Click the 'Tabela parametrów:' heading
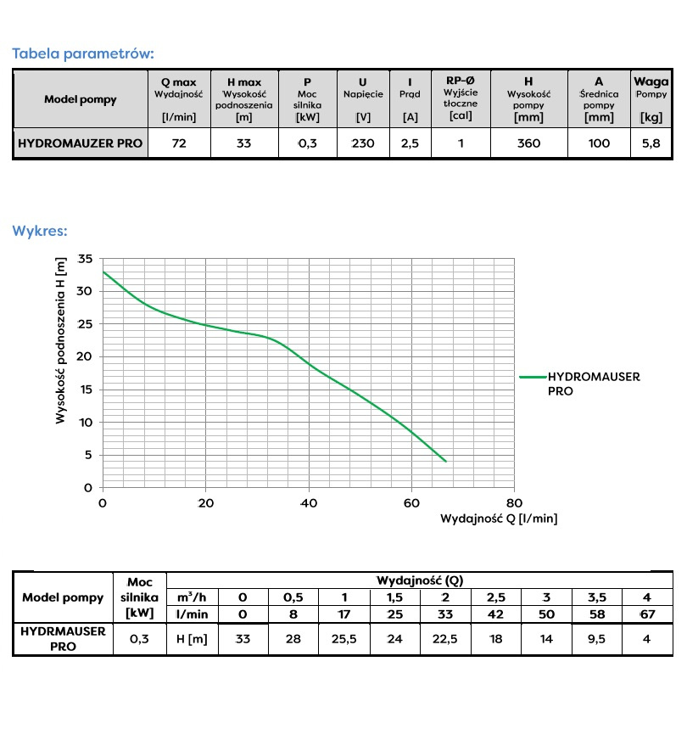82,53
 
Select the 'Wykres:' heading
40,230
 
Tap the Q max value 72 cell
178,143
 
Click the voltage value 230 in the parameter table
363,143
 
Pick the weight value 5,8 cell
651,143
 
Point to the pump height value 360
528,143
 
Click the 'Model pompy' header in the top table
81,99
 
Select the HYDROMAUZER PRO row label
81,143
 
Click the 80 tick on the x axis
514,502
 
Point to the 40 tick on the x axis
309,502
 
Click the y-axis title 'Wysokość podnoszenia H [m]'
61,344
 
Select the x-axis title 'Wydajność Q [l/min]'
499,518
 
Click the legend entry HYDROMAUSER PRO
594,384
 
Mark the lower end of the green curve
445,462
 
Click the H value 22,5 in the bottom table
444,639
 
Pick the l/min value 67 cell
646,614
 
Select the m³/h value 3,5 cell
596,597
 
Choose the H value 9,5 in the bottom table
596,639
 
